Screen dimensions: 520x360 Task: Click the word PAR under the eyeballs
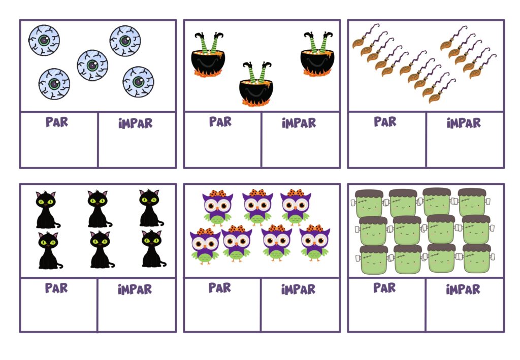57,122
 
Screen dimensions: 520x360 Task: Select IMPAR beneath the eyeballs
135,123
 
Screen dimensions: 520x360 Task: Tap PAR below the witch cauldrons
220,121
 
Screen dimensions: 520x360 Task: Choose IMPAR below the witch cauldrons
299,123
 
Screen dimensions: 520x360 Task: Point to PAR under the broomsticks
385,121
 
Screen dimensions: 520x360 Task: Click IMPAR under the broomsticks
464,123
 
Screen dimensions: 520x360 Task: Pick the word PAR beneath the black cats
56,288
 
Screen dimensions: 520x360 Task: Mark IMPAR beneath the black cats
135,289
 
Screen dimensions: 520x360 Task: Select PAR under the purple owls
219,287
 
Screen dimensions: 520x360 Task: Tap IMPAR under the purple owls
298,289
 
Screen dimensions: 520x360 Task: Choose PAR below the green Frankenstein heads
384,287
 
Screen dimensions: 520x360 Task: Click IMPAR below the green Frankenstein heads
463,289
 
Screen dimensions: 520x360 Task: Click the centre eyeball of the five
92,66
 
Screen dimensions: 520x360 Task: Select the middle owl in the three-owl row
257,207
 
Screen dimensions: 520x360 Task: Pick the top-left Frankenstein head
368,204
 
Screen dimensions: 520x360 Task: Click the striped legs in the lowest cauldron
257,71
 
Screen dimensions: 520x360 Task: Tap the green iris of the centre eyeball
92,66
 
